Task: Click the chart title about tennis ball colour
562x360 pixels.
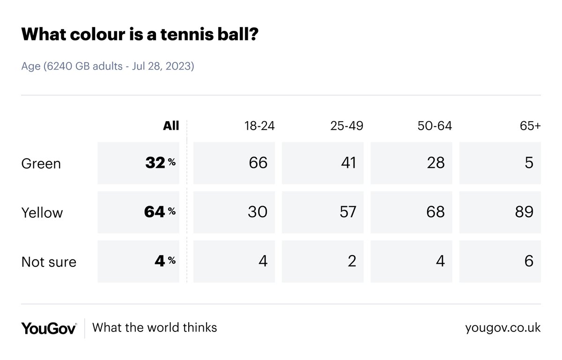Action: pyautogui.click(x=140, y=35)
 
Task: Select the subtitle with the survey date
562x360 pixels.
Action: pyautogui.click(x=108, y=66)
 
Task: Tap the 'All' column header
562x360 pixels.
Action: pyautogui.click(x=171, y=126)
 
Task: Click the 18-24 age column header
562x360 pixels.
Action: pyautogui.click(x=256, y=126)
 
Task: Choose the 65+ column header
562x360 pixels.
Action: pyautogui.click(x=530, y=126)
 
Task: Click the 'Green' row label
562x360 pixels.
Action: pyautogui.click(x=41, y=164)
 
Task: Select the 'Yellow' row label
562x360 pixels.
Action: pyautogui.click(x=42, y=213)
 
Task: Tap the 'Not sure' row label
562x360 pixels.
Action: pyautogui.click(x=49, y=262)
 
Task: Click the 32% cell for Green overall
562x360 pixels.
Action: pyautogui.click(x=160, y=163)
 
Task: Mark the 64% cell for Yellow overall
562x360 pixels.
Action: pyautogui.click(x=160, y=212)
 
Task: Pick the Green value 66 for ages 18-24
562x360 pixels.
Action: pyautogui.click(x=258, y=163)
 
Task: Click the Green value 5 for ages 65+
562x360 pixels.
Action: pyautogui.click(x=529, y=163)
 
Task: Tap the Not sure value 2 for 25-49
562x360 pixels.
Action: pyautogui.click(x=351, y=261)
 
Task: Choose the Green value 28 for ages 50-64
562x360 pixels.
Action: pyautogui.click(x=435, y=163)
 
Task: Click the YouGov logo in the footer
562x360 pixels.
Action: pyautogui.click(x=49, y=328)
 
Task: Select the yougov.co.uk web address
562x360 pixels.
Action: pyautogui.click(x=503, y=328)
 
